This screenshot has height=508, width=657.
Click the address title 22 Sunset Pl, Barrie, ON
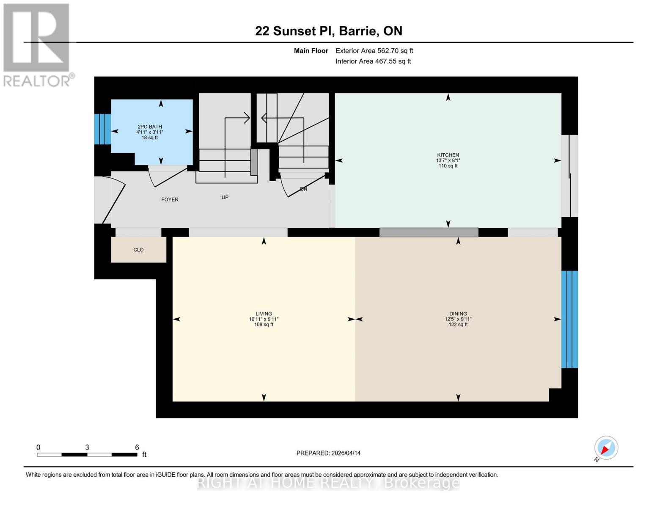328,31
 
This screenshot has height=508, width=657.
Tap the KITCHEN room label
448,155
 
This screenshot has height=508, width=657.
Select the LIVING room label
264,314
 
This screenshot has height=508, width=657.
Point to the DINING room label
458,314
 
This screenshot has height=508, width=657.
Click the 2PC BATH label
150,127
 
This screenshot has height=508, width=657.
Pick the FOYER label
170,199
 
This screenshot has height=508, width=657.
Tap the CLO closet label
138,250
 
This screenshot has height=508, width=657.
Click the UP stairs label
225,197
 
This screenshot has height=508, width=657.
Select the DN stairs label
303,189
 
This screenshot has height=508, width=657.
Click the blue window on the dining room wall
569,319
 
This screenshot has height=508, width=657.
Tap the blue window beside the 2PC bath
102,129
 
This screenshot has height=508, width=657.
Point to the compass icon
606,448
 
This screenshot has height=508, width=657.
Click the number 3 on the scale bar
87,447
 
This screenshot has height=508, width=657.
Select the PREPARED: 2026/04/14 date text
328,453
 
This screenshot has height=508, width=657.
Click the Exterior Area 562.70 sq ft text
374,51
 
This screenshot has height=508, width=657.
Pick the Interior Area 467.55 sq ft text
373,61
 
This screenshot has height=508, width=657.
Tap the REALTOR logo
37,44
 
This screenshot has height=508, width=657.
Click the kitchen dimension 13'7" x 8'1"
448,160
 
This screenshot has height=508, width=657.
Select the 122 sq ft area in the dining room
458,325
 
